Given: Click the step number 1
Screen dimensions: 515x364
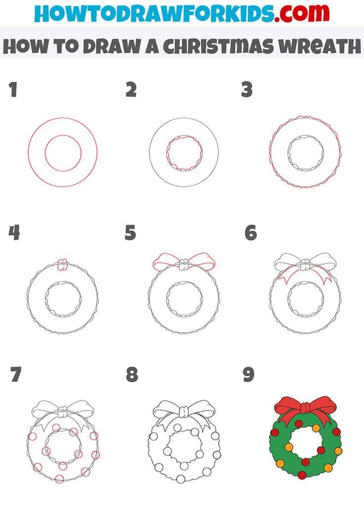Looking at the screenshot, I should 13,91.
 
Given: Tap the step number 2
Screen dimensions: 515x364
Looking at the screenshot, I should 131,90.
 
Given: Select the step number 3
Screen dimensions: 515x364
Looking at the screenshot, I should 247,90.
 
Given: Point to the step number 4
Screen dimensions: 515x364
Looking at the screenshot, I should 14,232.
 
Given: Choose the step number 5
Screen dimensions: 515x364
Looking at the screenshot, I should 130,232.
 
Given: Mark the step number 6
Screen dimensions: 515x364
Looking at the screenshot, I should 251,232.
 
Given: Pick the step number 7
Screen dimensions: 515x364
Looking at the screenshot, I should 15,375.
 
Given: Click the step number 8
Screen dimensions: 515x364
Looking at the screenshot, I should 132,375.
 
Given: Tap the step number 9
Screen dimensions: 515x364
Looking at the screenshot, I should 248,375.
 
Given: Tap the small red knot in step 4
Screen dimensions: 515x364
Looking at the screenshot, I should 62,266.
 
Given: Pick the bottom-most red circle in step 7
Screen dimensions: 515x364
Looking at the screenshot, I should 60,478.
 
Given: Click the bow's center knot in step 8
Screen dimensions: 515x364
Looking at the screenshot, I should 184,411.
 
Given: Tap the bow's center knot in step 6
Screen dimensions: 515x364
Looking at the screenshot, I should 305,266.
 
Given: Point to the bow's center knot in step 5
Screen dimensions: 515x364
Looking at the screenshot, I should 184,266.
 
